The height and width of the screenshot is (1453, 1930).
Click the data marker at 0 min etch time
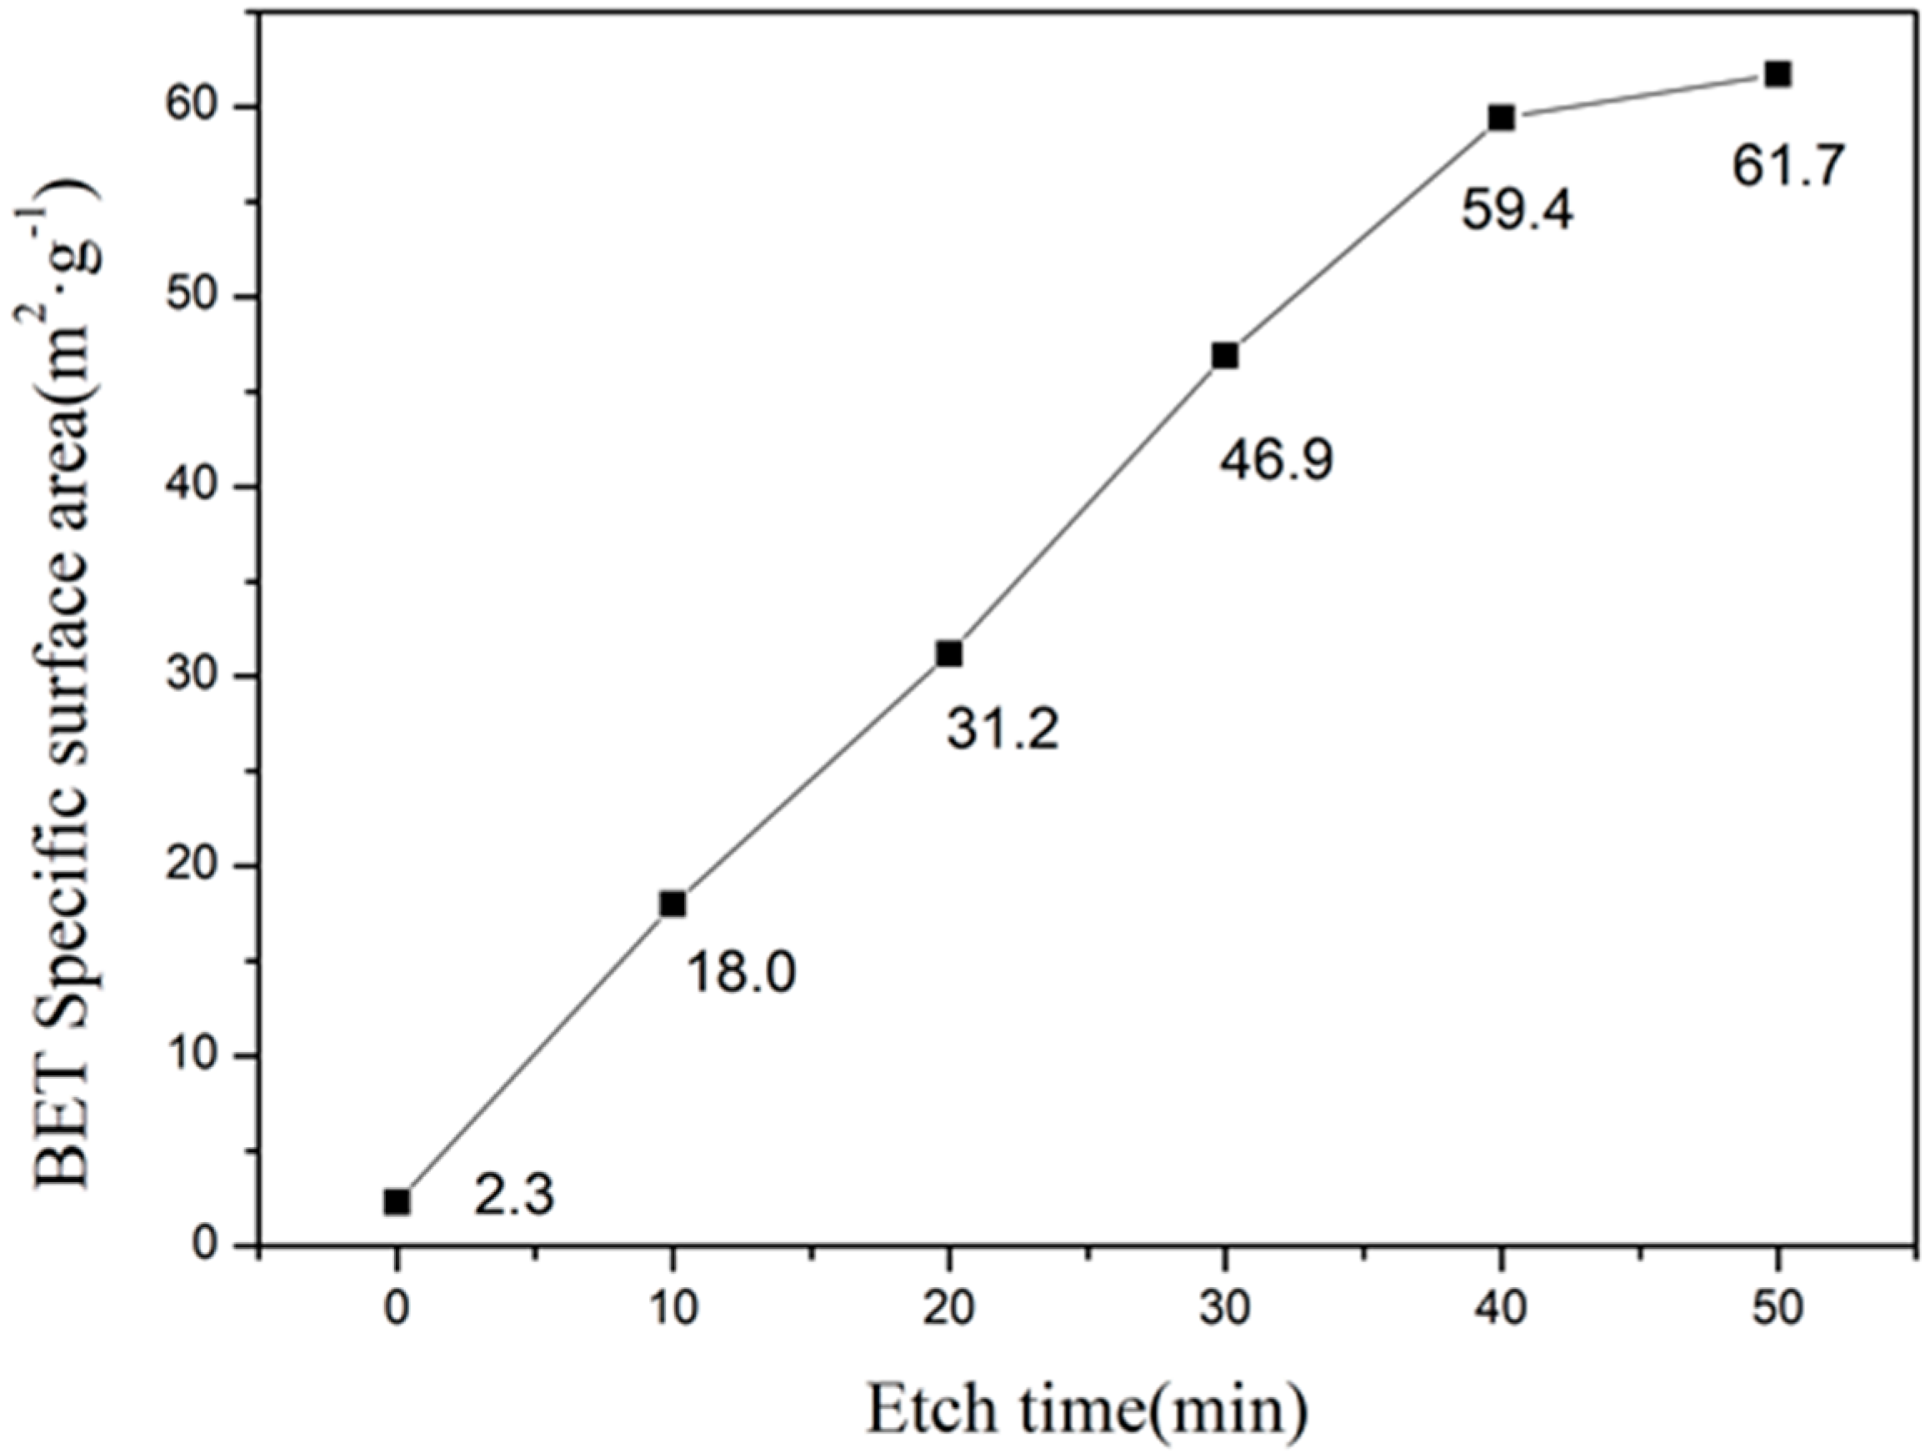[x=396, y=1202]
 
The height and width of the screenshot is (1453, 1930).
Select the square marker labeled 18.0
[x=672, y=904]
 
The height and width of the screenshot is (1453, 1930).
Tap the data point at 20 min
[x=948, y=654]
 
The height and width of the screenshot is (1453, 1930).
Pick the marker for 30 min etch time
[x=1225, y=356]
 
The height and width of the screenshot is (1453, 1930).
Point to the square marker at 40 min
[x=1501, y=118]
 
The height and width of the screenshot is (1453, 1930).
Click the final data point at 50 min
[x=1777, y=74]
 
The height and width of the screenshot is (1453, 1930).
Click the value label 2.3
[x=514, y=1196]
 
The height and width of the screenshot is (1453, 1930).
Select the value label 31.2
[x=1002, y=729]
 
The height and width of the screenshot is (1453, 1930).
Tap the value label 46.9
[x=1276, y=460]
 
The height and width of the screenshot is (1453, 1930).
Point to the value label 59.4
[x=1517, y=210]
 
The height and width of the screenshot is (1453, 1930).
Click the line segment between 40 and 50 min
[x=1638, y=96]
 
